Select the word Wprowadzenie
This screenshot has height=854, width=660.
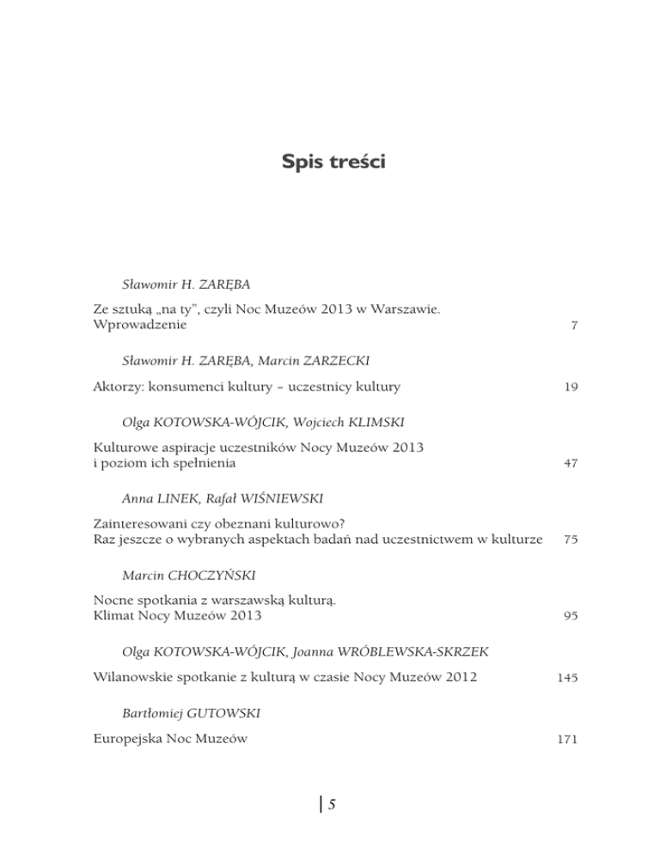click(142, 326)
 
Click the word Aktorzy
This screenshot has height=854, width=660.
click(118, 387)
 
